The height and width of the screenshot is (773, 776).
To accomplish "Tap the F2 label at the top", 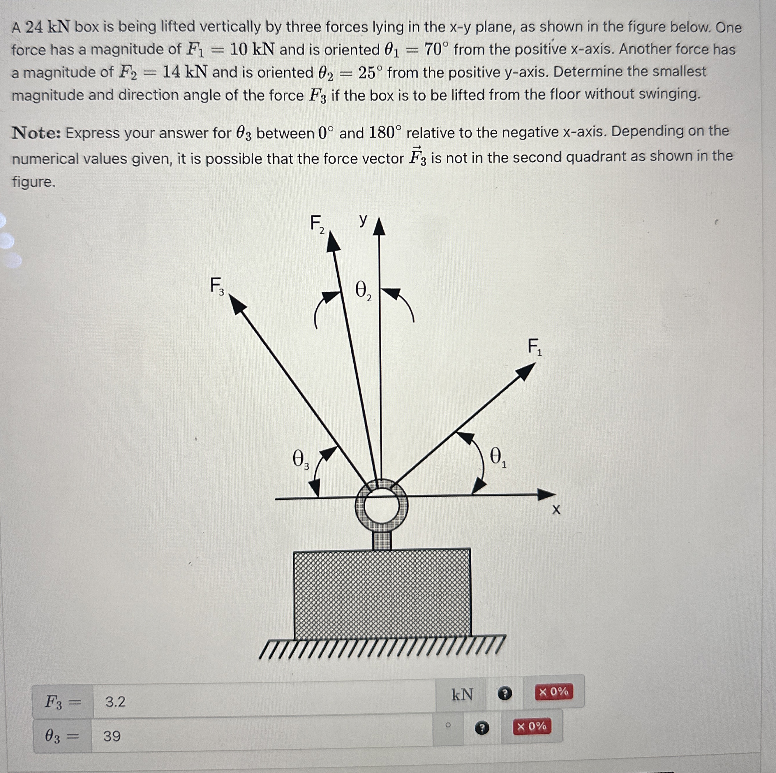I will click(317, 224).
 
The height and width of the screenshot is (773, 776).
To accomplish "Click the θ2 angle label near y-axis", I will click(363, 291).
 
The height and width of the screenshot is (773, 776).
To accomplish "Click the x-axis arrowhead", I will click(547, 494).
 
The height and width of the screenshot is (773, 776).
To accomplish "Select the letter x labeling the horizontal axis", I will click(556, 510).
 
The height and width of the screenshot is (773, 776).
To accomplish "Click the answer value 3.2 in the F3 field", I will click(115, 702).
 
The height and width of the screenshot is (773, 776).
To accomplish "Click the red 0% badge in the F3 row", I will click(553, 692).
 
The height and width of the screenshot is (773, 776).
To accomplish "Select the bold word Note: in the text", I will click(36, 133).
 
